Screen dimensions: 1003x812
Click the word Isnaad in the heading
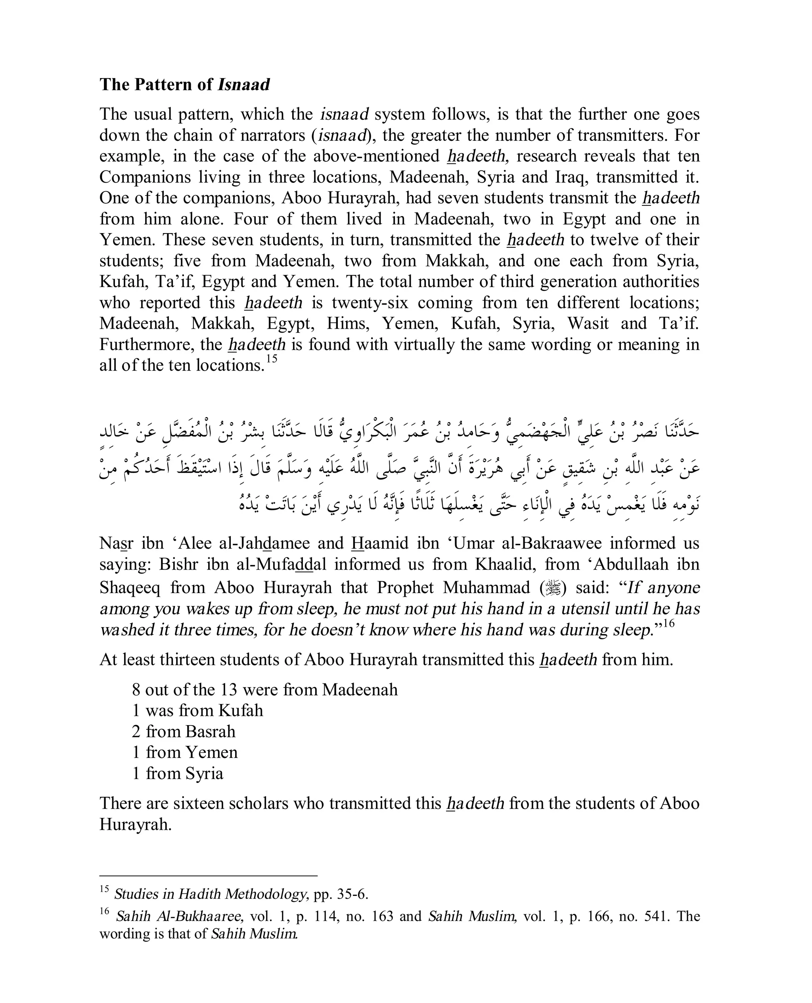click(x=244, y=84)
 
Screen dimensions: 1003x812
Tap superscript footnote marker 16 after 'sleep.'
click(x=669, y=623)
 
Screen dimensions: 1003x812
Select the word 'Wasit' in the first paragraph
click(x=588, y=323)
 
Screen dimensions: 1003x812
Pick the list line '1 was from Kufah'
click(x=197, y=711)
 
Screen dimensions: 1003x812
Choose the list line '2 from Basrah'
click(x=183, y=731)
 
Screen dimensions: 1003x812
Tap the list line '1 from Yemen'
click(x=185, y=752)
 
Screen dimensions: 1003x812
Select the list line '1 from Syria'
click(x=178, y=773)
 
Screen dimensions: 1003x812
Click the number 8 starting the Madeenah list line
click(x=136, y=690)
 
